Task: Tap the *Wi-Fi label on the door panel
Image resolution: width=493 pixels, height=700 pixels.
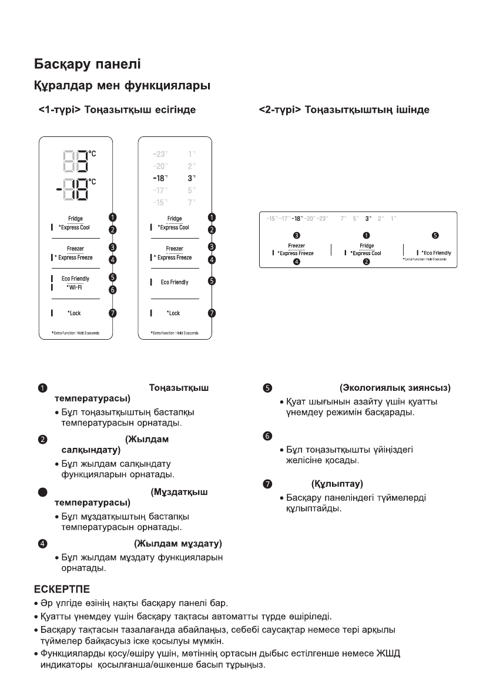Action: coord(74,287)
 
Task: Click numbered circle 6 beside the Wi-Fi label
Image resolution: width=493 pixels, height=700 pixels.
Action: coord(113,289)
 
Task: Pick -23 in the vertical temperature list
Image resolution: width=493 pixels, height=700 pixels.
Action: coord(159,153)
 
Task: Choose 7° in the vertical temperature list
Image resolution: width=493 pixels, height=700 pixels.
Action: coord(192,202)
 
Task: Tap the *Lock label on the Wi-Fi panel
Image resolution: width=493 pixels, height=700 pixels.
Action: coord(74,313)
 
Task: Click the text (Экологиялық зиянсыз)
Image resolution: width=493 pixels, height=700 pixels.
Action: coord(395,388)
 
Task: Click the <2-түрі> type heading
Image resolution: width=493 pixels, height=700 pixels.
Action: coord(344,110)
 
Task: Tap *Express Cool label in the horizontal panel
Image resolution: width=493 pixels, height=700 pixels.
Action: coord(365,253)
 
